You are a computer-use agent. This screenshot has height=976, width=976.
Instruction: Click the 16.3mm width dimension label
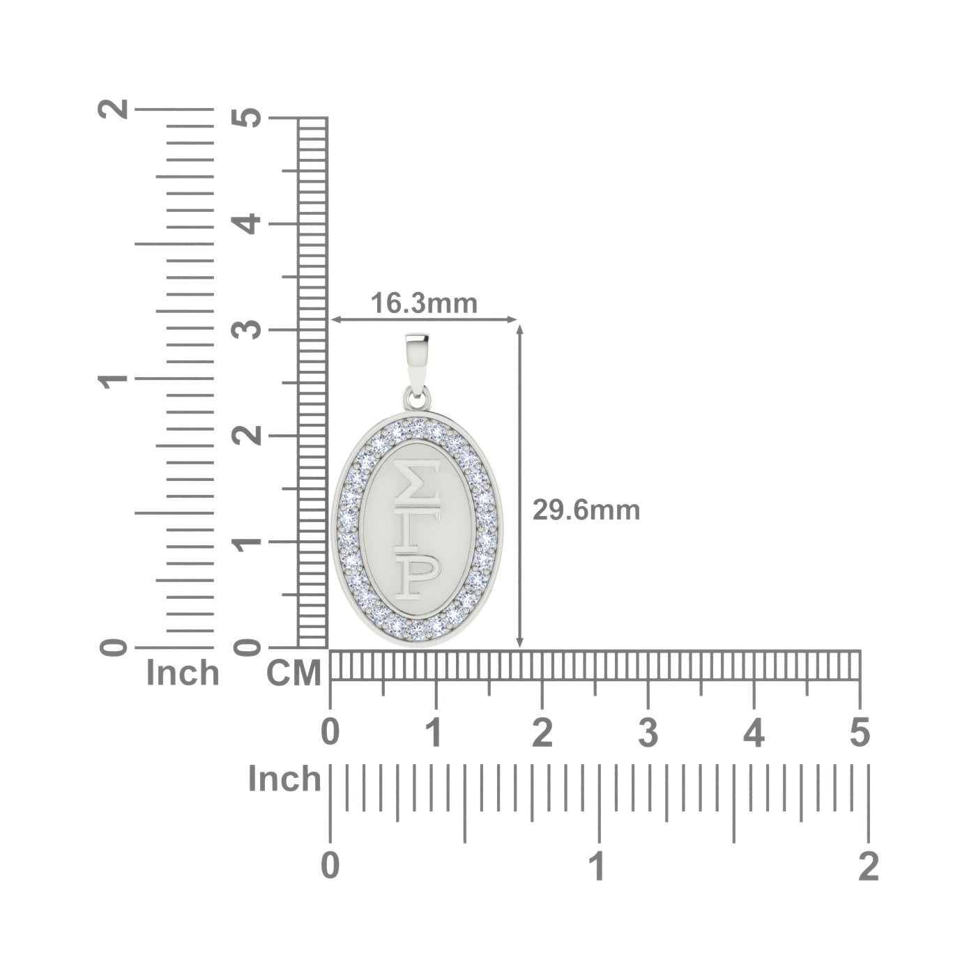425,303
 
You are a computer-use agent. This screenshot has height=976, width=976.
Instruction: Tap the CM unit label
293,673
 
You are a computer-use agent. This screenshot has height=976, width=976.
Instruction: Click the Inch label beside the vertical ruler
183,673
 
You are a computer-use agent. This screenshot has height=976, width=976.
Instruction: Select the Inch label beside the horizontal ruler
284,779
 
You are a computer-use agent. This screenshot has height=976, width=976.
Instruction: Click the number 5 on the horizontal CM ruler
860,733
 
